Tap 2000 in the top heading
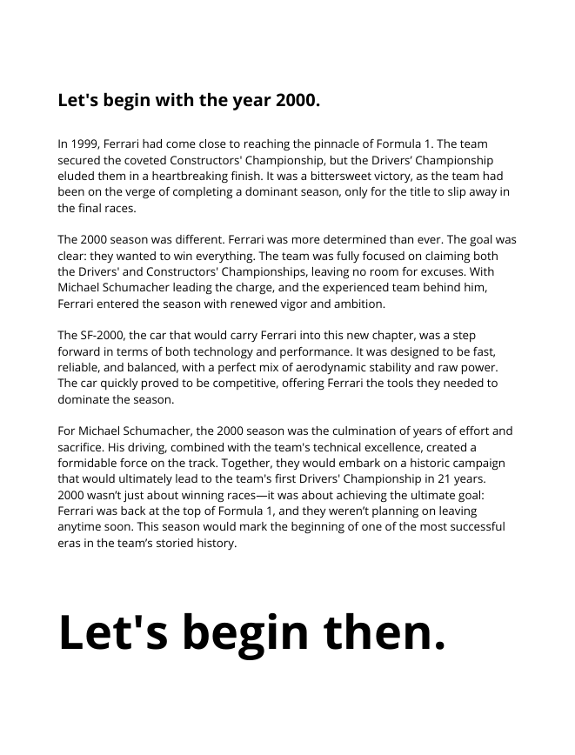tap(297, 100)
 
